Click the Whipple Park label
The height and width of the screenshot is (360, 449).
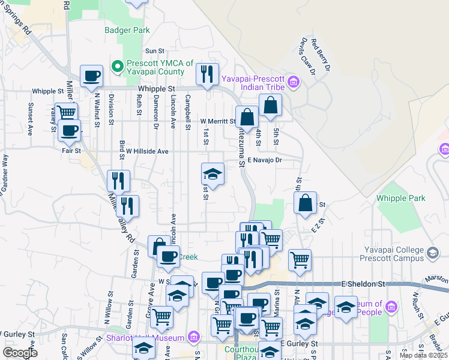pos(400,198)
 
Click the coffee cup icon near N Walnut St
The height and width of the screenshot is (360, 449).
pos(91,76)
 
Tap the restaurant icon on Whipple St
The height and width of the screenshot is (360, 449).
pos(207,74)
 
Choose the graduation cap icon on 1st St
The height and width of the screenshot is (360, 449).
pos(212,175)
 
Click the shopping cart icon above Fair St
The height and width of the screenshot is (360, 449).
pos(66,112)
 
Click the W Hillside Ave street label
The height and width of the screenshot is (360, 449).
pos(147,152)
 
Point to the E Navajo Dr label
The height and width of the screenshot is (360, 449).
pos(265,160)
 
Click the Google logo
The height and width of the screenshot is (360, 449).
pos(20,353)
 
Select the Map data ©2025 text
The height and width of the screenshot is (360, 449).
pos(423,355)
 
